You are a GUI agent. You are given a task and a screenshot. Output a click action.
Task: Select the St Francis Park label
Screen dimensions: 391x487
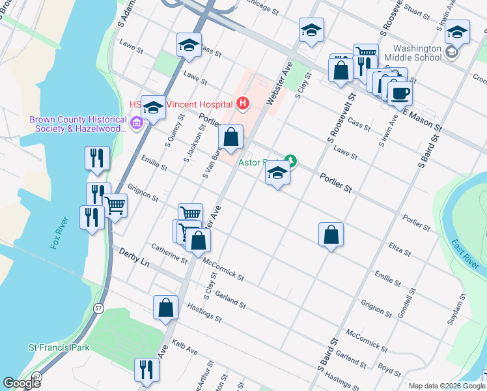[59, 348]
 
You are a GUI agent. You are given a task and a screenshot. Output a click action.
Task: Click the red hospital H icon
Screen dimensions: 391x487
[242, 103]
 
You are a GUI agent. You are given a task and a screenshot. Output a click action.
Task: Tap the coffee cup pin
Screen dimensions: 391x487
[400, 93]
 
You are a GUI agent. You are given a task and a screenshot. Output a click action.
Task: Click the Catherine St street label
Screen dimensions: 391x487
[169, 253]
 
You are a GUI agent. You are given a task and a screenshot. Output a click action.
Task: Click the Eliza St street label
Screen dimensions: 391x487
[399, 248]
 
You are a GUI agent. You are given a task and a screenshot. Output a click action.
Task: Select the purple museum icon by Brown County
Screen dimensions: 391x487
[136, 123]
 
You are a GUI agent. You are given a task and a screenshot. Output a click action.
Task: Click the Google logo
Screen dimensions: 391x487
[21, 383]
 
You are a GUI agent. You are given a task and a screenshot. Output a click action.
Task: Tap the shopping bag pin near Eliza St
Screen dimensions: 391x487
[331, 235]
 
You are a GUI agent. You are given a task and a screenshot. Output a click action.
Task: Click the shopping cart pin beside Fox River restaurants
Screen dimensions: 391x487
[115, 206]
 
